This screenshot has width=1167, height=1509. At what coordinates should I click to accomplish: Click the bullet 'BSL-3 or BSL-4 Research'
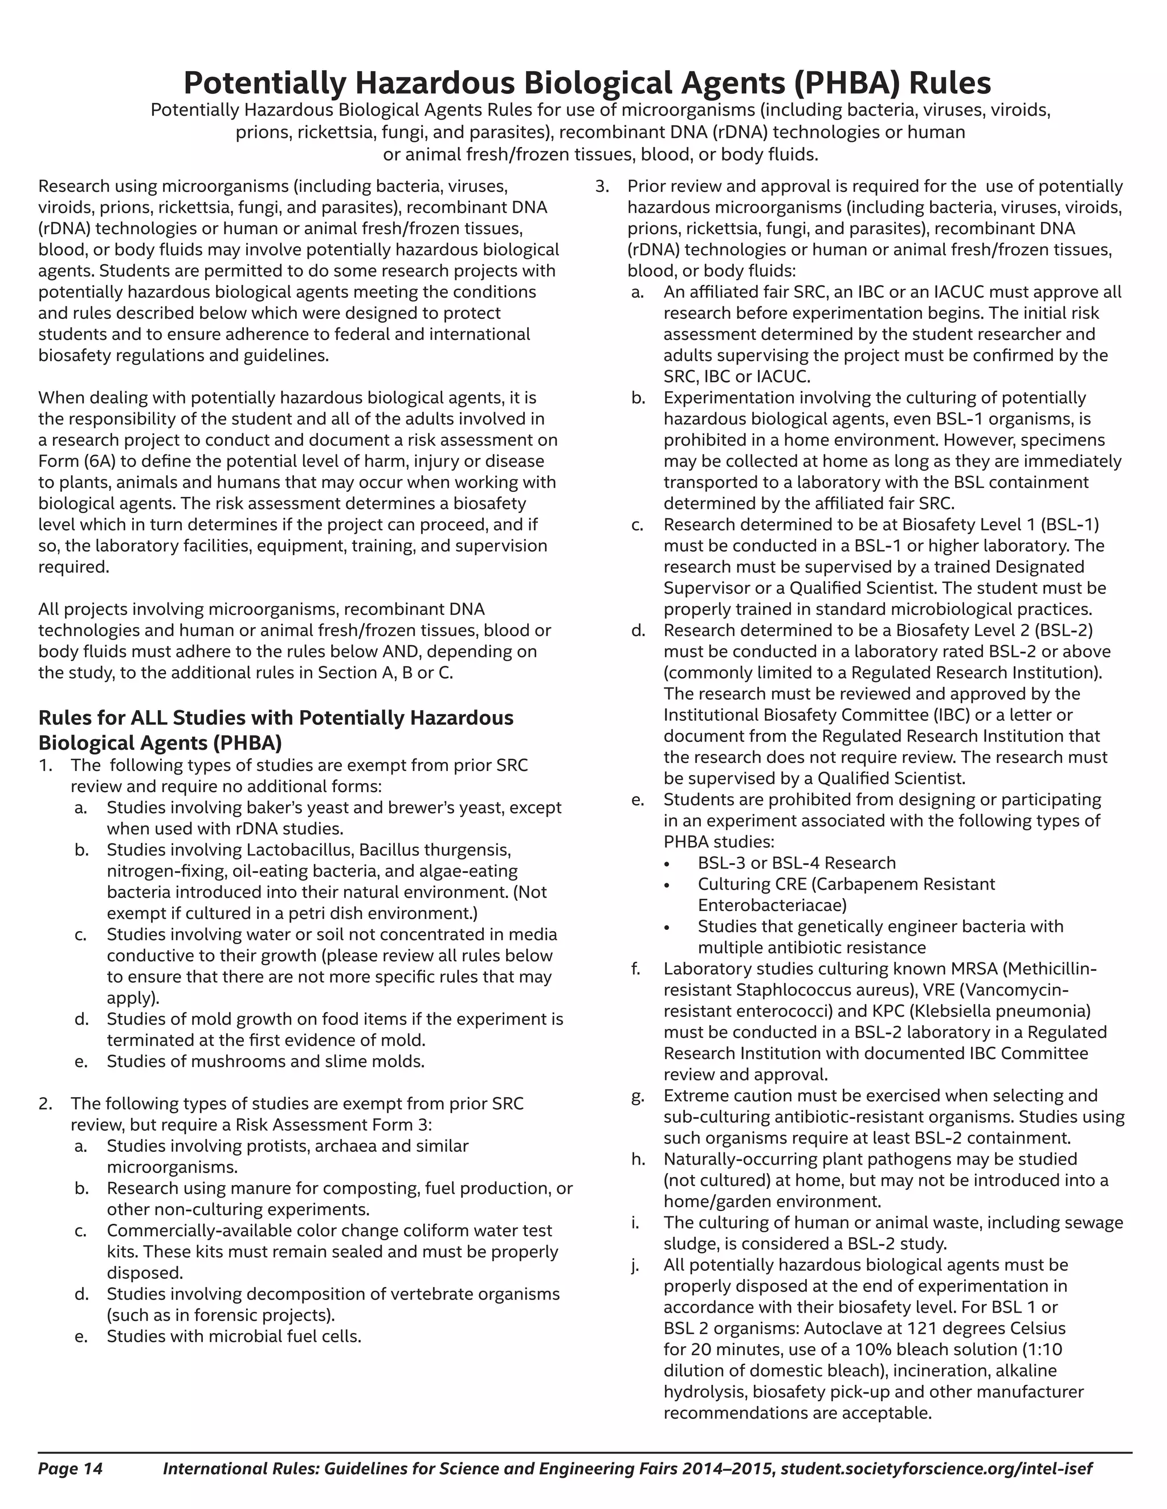coord(797,863)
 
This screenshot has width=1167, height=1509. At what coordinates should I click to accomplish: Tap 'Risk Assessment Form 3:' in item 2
coord(334,1125)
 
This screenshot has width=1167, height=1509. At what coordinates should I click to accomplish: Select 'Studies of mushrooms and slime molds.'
coord(266,1061)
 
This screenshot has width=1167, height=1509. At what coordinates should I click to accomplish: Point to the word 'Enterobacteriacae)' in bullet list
coord(772,905)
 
